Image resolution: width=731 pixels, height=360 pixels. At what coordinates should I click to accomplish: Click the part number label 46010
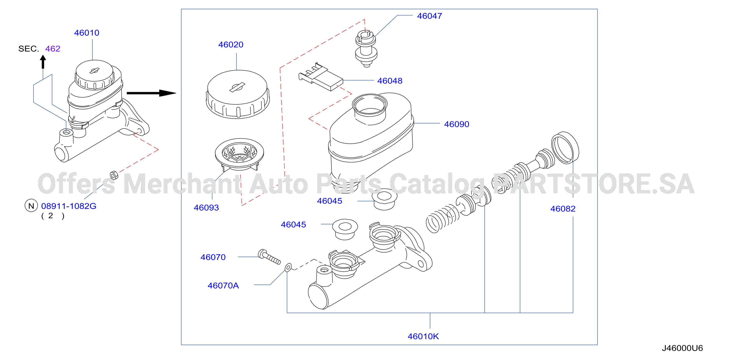pyautogui.click(x=87, y=33)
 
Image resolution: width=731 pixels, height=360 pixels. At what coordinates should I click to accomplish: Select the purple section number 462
pyautogui.click(x=53, y=49)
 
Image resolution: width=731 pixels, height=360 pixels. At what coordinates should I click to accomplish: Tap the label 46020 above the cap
pyautogui.click(x=231, y=45)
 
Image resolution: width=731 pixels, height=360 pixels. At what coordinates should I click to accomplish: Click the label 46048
pyautogui.click(x=390, y=81)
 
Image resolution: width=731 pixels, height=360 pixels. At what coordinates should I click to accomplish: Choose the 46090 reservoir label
pyautogui.click(x=457, y=124)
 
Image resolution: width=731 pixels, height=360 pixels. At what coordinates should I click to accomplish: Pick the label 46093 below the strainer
pyautogui.click(x=206, y=208)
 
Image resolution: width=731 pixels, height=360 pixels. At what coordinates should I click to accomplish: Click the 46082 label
pyautogui.click(x=563, y=209)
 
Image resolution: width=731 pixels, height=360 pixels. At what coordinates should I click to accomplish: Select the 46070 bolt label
pyautogui.click(x=213, y=257)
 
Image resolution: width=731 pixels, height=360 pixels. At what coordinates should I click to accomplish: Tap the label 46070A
pyautogui.click(x=223, y=286)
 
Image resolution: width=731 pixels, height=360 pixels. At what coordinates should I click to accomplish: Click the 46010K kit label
pyautogui.click(x=423, y=336)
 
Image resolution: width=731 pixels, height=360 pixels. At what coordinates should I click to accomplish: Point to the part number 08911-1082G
pyautogui.click(x=69, y=206)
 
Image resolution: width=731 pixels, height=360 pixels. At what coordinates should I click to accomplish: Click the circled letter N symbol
pyautogui.click(x=31, y=206)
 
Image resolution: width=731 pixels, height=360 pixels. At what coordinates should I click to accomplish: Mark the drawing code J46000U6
pyautogui.click(x=682, y=348)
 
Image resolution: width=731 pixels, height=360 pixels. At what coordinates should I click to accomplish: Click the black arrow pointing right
pyautogui.click(x=151, y=93)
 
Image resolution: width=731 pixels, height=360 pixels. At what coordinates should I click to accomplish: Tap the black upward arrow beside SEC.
pyautogui.click(x=43, y=62)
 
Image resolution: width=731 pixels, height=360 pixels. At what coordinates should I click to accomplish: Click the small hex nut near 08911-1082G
pyautogui.click(x=114, y=175)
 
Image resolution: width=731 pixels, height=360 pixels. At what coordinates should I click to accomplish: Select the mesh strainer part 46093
pyautogui.click(x=239, y=155)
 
